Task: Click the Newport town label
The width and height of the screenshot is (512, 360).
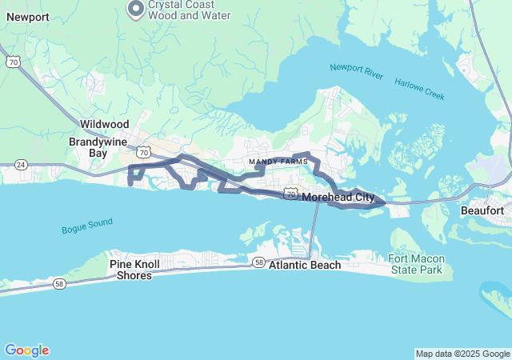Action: pyautogui.click(x=27, y=17)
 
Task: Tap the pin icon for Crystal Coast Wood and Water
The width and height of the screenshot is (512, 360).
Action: pyautogui.click(x=136, y=9)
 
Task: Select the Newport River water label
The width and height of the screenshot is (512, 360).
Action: pyautogui.click(x=357, y=71)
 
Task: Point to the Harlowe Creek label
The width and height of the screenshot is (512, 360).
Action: pyautogui.click(x=418, y=90)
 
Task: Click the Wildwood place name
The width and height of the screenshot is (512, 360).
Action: pyautogui.click(x=104, y=125)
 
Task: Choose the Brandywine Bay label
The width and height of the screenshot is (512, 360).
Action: pyautogui.click(x=98, y=146)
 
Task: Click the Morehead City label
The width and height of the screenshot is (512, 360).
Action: pyautogui.click(x=339, y=197)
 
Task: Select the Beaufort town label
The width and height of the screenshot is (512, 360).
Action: pyautogui.click(x=482, y=210)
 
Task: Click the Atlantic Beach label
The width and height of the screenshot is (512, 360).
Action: pyautogui.click(x=305, y=265)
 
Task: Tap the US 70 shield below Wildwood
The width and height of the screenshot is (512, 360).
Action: pyautogui.click(x=142, y=150)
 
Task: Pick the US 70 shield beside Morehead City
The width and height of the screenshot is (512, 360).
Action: pyautogui.click(x=290, y=194)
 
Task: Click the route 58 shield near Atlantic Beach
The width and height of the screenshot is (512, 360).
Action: pyautogui.click(x=258, y=262)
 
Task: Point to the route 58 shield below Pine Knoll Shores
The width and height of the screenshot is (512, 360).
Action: pyautogui.click(x=61, y=283)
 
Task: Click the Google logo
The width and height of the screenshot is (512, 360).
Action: pyautogui.click(x=26, y=350)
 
